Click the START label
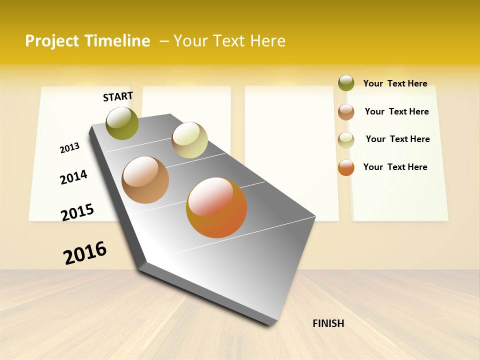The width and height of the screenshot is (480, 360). click(118, 96)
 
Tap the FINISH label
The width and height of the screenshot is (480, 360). click(328, 323)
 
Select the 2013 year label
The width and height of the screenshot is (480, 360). click(69, 147)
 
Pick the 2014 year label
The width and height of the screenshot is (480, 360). click(73, 177)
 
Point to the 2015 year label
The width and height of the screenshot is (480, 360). click(77, 212)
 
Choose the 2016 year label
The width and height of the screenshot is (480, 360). click(85, 253)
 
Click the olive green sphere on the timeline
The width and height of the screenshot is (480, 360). click(122, 123)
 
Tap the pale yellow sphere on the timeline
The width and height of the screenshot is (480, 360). click(189, 140)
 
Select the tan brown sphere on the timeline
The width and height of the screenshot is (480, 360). click(145, 180)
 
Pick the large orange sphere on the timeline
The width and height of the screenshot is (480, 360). click(216, 207)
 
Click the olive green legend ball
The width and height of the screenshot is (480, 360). click(346, 83)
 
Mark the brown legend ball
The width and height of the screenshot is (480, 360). click(346, 112)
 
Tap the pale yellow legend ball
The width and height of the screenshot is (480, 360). click(346, 140)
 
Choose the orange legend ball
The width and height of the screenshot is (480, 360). click(346, 168)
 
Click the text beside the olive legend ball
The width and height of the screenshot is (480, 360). click(395, 83)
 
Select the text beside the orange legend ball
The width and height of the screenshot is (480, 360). click(395, 167)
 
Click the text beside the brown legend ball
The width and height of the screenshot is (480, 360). click(396, 111)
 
